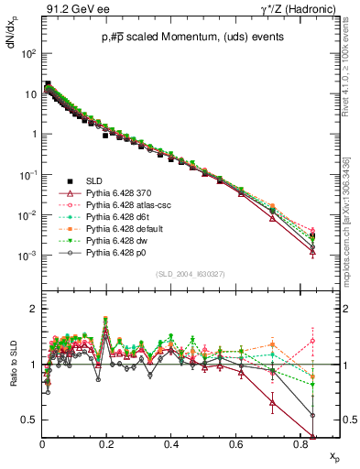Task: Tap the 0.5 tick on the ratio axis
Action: pos(31,420)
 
